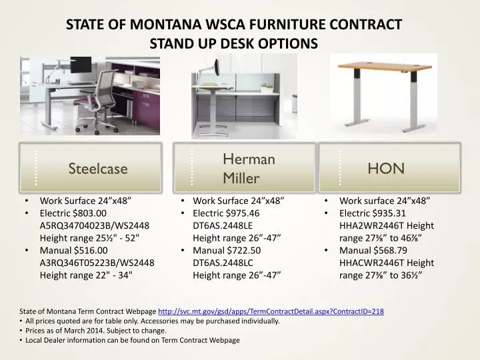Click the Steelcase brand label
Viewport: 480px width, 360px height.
98,169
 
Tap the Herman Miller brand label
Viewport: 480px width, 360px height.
248,168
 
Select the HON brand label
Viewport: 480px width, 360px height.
386,168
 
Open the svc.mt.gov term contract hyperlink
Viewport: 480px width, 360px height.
271,311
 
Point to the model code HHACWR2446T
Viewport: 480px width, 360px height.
368,263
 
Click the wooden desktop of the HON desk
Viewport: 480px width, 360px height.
387,68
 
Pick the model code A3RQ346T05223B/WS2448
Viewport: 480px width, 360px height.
97,263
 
